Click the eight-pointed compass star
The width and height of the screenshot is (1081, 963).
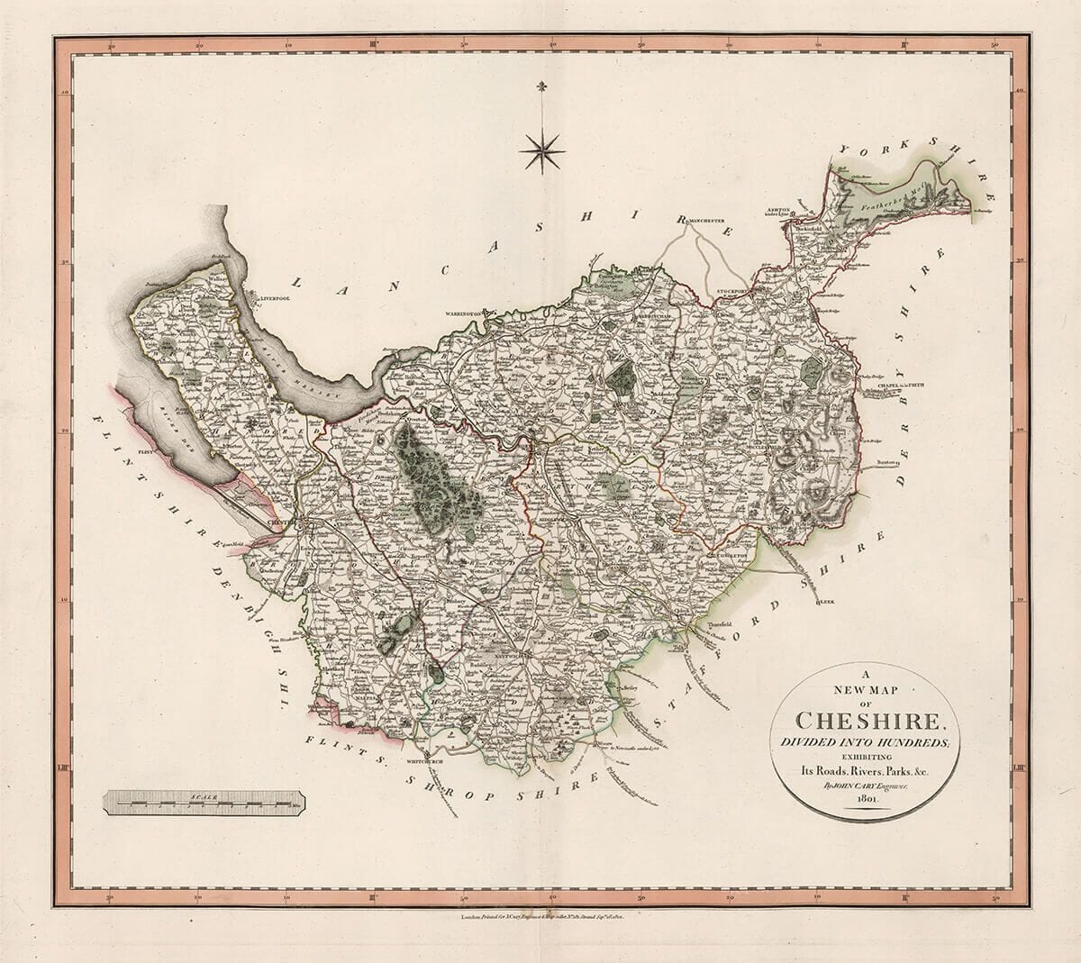point(541,152)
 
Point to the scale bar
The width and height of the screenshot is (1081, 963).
point(204,798)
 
